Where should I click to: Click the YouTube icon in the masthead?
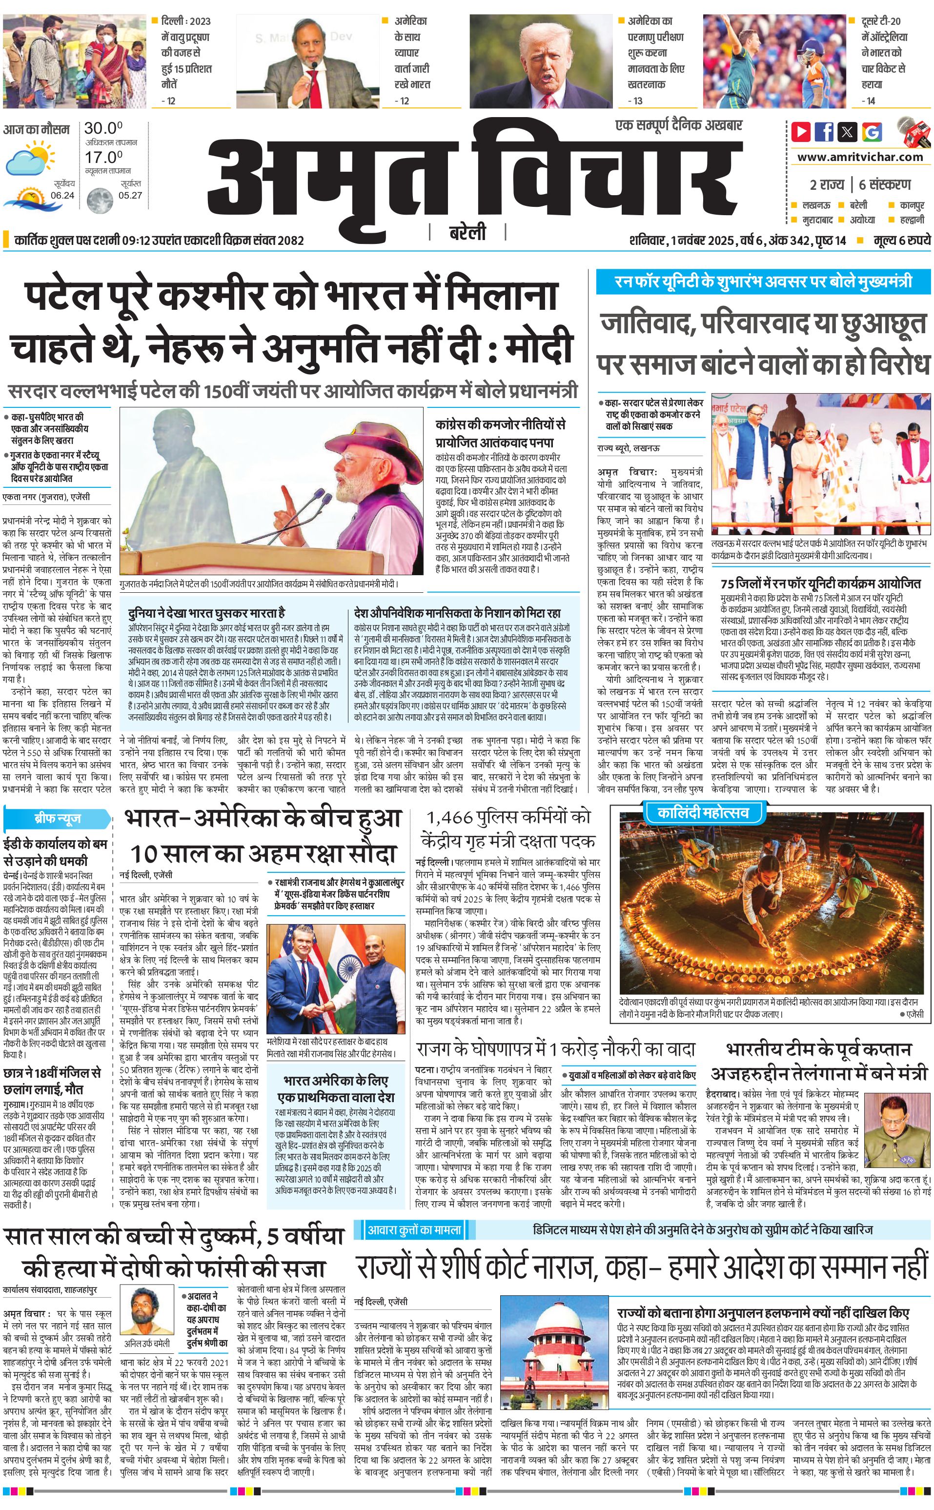[801, 132]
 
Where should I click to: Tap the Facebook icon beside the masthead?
[824, 132]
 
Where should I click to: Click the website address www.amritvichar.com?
[860, 157]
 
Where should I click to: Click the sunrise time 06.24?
[62, 195]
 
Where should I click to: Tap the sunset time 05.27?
[130, 195]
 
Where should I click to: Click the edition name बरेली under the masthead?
[467, 233]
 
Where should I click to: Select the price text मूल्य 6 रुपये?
[901, 240]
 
